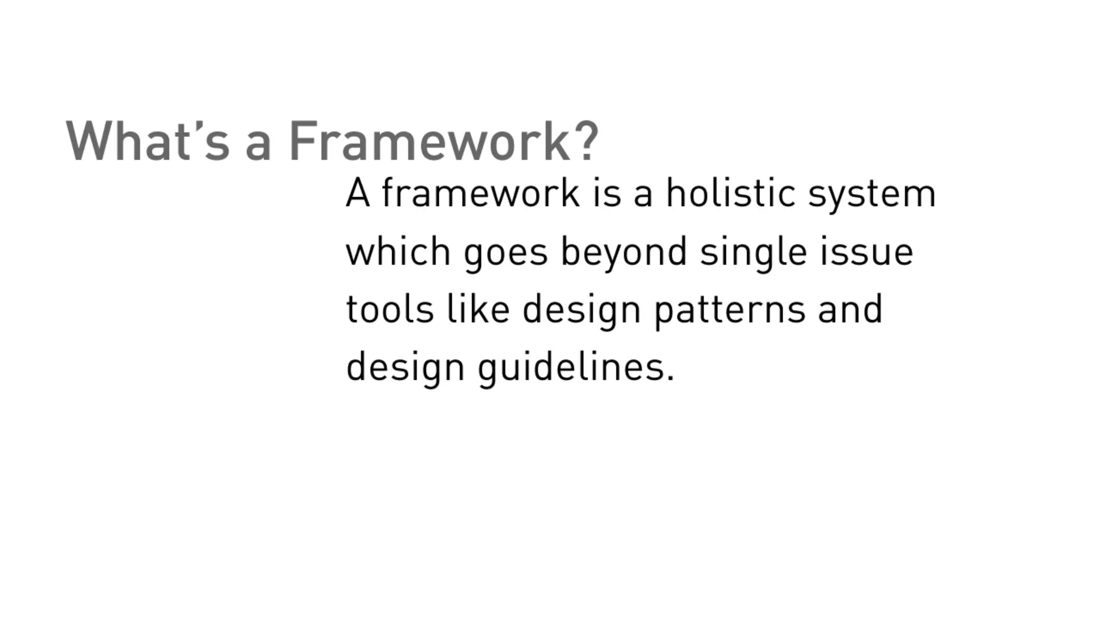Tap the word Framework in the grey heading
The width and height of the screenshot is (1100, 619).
(x=430, y=141)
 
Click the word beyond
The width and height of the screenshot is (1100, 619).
(x=624, y=253)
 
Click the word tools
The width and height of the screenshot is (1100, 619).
(x=390, y=309)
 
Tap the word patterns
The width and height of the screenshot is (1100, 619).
(x=730, y=311)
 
